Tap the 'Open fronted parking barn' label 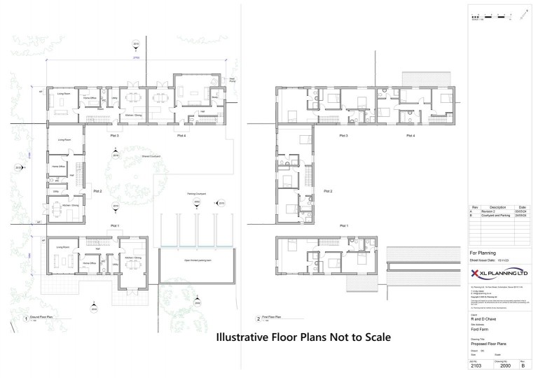click(188, 261)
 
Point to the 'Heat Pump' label click(232, 80)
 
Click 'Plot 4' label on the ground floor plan click(181, 135)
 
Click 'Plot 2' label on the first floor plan click(326, 190)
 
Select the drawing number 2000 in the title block click(498, 365)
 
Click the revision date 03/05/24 click(522, 211)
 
